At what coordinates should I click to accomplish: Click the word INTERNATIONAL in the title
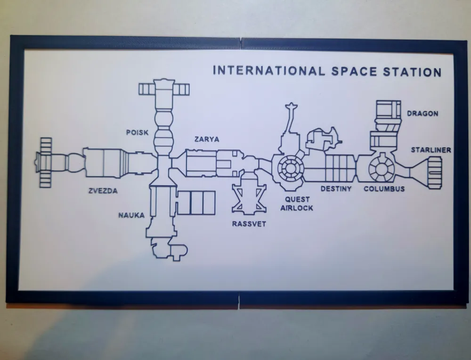[x=269, y=71]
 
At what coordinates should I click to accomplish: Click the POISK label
[x=137, y=132]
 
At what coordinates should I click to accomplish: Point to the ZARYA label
[x=207, y=139]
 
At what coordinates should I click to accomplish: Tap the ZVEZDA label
[x=103, y=191]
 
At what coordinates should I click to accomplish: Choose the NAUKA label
[x=131, y=215]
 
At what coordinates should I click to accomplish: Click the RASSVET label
[x=249, y=224]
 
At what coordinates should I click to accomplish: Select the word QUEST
[x=297, y=199]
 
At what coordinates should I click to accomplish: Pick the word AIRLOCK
[x=297, y=208]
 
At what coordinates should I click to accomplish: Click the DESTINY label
[x=336, y=188]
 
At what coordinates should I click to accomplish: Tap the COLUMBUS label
[x=384, y=188]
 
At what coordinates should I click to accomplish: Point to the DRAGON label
[x=422, y=114]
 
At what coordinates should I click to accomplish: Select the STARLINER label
[x=431, y=150]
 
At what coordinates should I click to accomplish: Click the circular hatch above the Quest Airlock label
[x=290, y=168]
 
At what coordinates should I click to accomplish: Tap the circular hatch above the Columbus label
[x=381, y=169]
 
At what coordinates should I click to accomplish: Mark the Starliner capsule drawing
[x=426, y=173]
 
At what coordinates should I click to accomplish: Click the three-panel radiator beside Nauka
[x=196, y=203]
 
